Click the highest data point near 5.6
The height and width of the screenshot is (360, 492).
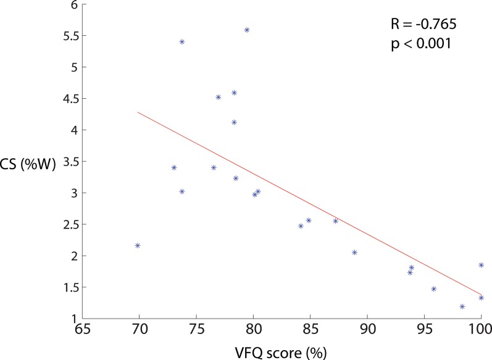(x=247, y=30)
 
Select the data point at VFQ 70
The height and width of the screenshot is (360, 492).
(x=138, y=245)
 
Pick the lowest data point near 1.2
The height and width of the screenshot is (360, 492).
(x=462, y=306)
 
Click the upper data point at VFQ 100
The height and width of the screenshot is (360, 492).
(x=481, y=265)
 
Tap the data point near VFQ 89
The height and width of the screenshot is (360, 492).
(x=354, y=252)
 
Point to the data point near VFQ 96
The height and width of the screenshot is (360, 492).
(x=433, y=289)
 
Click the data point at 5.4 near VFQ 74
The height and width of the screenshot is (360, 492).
(x=182, y=41)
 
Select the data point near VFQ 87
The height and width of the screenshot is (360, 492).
(x=335, y=220)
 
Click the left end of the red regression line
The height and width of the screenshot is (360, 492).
(x=138, y=112)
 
